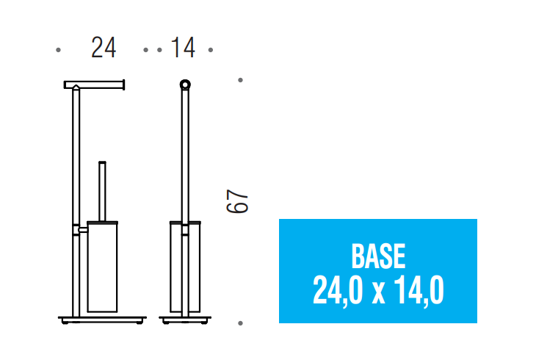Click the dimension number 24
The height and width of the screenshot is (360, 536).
(x=104, y=48)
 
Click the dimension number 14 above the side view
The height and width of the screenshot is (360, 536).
(x=183, y=48)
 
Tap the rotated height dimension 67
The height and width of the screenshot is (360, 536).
(x=237, y=201)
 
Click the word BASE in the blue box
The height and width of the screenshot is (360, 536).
(x=378, y=256)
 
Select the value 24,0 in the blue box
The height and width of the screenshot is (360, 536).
(x=338, y=290)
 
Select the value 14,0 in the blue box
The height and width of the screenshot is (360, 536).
(x=419, y=290)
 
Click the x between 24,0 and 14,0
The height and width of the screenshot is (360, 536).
(x=378, y=294)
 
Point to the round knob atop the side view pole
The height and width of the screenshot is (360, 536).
(x=185, y=84)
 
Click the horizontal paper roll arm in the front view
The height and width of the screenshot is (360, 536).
(x=94, y=84)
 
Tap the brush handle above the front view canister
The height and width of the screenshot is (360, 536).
(x=102, y=191)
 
